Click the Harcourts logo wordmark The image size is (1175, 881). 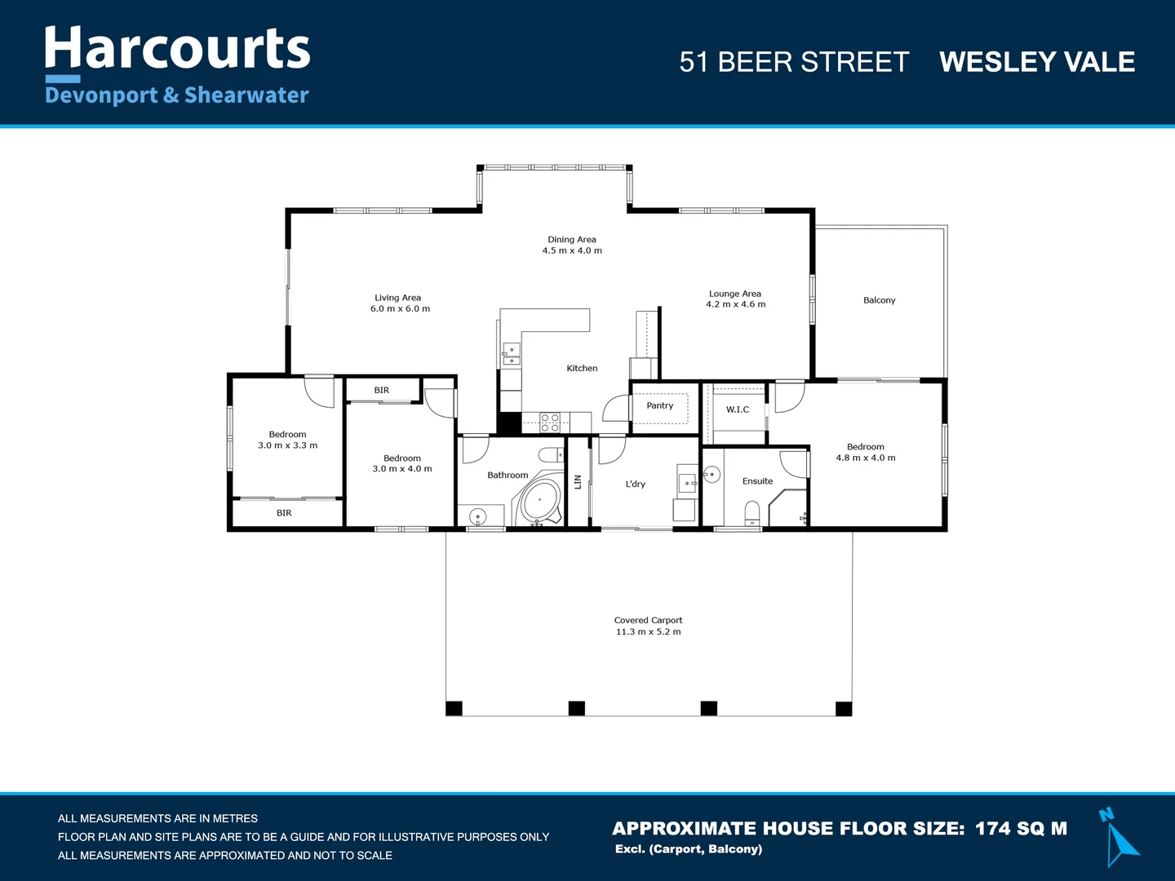click(x=177, y=49)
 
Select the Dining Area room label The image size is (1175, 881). click(x=572, y=240)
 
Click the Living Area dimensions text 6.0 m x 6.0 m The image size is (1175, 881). click(x=400, y=309)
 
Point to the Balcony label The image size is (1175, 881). click(x=879, y=300)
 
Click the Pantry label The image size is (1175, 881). click(x=659, y=405)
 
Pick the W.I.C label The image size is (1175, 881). click(x=737, y=410)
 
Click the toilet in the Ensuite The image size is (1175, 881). click(x=752, y=512)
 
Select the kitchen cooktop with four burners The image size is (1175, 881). click(x=550, y=422)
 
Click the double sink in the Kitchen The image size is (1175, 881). click(x=512, y=354)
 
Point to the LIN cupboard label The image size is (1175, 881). click(x=578, y=482)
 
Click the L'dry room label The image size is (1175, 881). click(x=635, y=484)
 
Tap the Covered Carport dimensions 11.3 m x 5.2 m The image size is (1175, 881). click(x=648, y=632)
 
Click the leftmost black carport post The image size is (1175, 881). click(x=454, y=708)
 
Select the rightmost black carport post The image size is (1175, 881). click(x=844, y=708)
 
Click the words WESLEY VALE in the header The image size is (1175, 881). click(x=1036, y=62)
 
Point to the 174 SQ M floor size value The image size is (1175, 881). click(x=1021, y=829)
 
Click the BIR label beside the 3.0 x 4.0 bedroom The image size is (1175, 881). click(x=382, y=390)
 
